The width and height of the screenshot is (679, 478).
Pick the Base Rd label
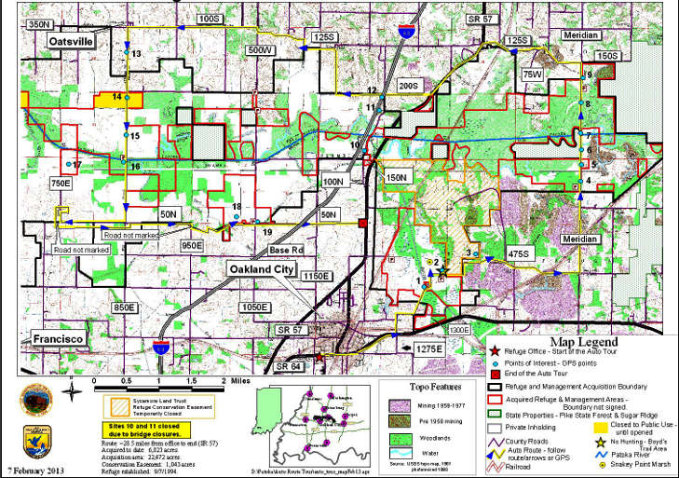287,251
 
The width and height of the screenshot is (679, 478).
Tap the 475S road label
519,253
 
